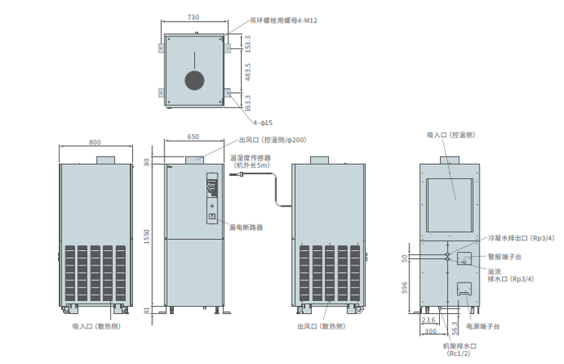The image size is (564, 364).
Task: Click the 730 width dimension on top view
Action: (x=193, y=17)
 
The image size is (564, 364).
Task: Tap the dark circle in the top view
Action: (x=194, y=79)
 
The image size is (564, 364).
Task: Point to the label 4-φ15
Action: (x=263, y=123)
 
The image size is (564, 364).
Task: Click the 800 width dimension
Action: (x=95, y=142)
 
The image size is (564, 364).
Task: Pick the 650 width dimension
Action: (x=193, y=137)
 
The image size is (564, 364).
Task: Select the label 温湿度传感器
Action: (x=250, y=158)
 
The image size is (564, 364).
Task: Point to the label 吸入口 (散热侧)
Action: (x=95, y=326)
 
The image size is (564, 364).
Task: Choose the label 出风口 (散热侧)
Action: (x=321, y=326)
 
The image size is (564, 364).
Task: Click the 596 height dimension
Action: (x=404, y=285)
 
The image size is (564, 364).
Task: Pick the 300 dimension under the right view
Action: (x=431, y=331)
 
